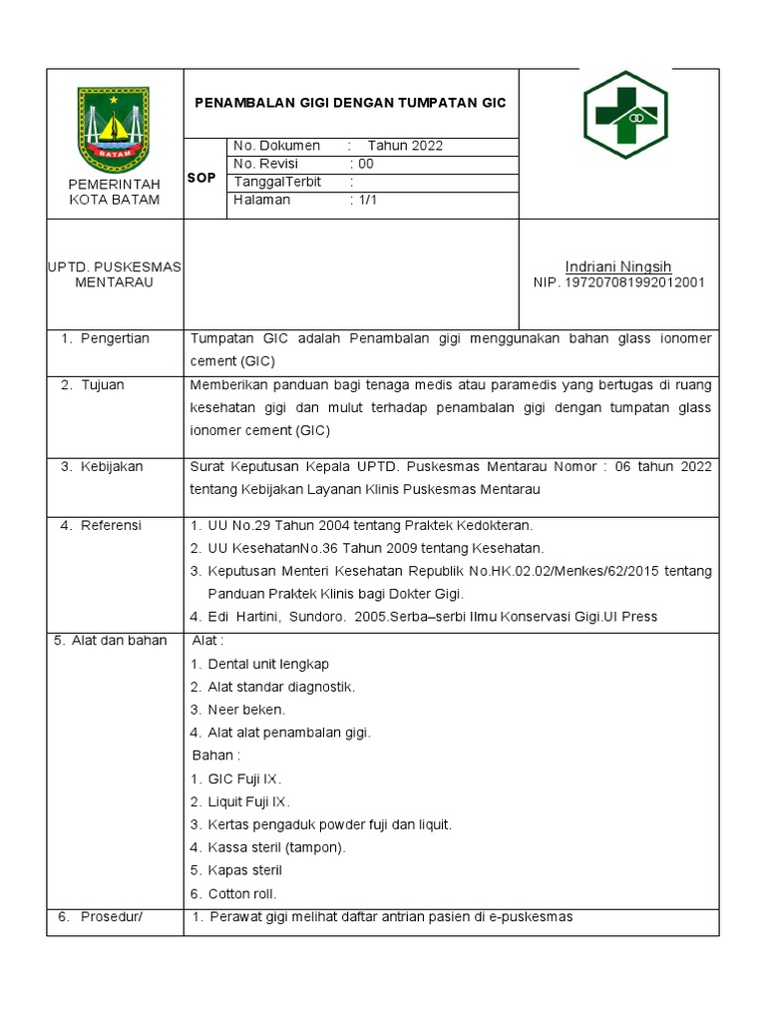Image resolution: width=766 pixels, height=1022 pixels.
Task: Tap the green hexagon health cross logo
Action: [624, 115]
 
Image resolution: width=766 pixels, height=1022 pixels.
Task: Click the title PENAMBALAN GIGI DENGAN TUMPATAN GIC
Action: [350, 103]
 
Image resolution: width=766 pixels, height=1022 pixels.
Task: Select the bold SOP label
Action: [201, 178]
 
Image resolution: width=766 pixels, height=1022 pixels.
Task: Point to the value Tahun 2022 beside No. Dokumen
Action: [405, 146]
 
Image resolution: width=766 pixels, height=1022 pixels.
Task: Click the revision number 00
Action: [365, 164]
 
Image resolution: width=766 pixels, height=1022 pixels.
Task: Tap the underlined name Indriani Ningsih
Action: [618, 266]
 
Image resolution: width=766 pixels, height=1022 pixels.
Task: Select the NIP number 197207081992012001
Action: [619, 282]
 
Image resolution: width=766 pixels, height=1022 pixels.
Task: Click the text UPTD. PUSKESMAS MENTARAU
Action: [115, 274]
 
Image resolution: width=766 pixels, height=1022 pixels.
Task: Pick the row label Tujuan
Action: [104, 385]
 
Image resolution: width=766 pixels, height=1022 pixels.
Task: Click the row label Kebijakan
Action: [112, 467]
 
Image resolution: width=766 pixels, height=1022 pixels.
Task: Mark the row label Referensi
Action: [111, 525]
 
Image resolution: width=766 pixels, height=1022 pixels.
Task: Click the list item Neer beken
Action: [246, 710]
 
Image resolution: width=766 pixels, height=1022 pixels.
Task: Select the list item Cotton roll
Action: [242, 893]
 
